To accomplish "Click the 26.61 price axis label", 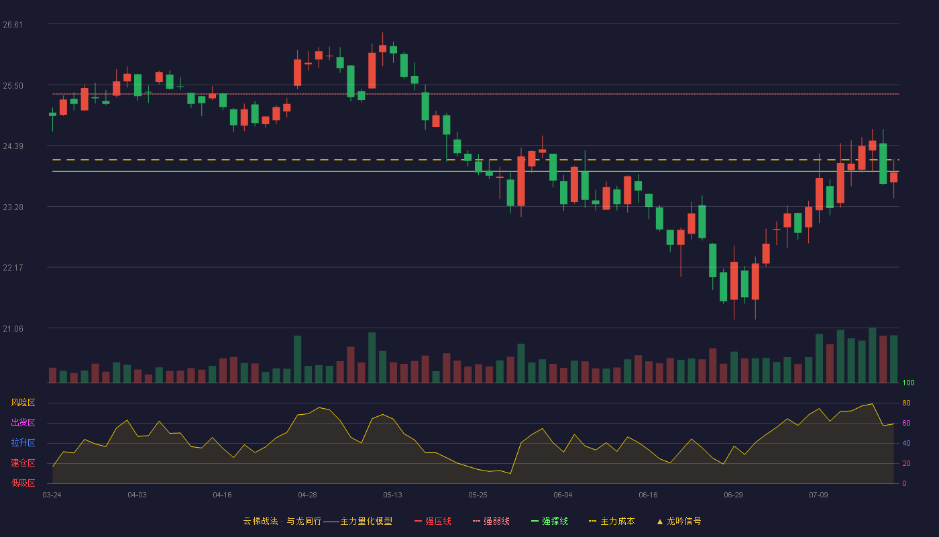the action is (x=13, y=25).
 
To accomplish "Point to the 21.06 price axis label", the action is (x=13, y=329).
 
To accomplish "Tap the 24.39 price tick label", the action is (x=13, y=146).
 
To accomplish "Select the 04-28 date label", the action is (x=307, y=495).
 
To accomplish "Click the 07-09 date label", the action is (x=818, y=495).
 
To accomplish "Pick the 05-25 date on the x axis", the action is (x=478, y=495).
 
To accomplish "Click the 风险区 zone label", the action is (x=23, y=403).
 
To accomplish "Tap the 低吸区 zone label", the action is (x=23, y=483).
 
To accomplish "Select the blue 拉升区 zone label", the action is (x=23, y=443).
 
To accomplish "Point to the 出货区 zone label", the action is (x=23, y=422).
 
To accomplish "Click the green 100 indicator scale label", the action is (x=908, y=383).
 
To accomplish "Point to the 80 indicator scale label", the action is (x=906, y=403).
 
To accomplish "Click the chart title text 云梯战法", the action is (x=260, y=522).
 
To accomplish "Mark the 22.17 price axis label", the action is (x=13, y=268).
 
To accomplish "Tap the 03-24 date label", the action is (x=52, y=495).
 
